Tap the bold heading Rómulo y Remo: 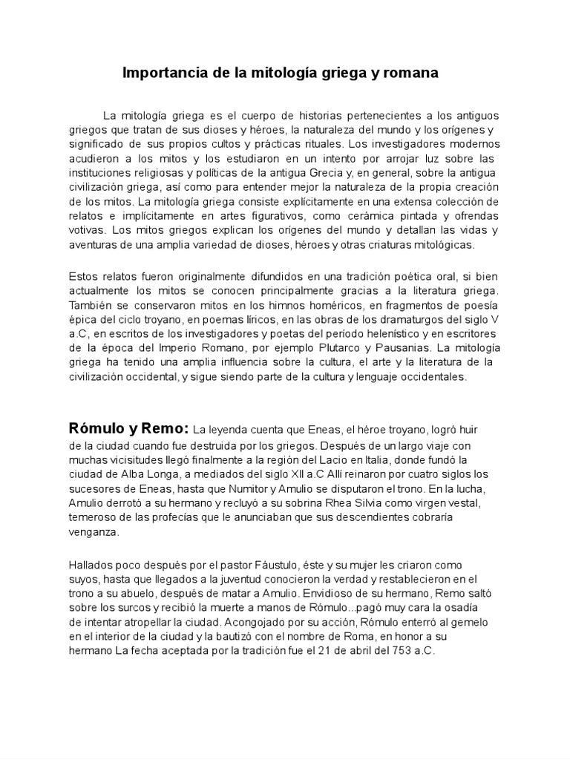coord(129,428)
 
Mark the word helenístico coord(373,333)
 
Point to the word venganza coord(92,533)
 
